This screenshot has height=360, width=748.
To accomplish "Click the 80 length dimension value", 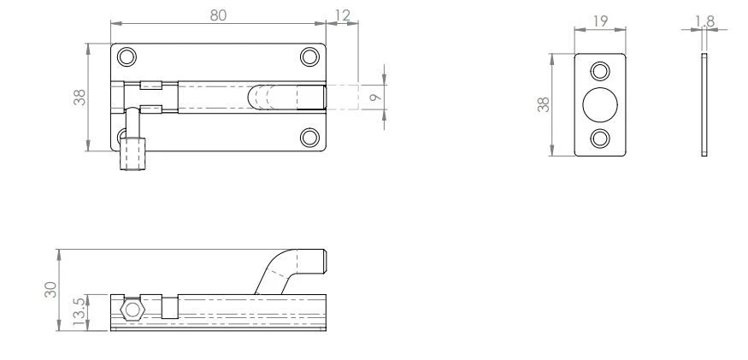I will click(218, 15).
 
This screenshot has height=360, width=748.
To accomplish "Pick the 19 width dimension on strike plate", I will click(600, 21).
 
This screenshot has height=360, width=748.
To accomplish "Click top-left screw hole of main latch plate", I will click(127, 57).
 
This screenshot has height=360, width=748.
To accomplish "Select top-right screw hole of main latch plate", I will click(309, 57).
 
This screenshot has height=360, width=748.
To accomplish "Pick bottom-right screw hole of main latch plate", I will click(309, 137).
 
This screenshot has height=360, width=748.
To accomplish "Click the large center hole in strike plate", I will click(600, 104).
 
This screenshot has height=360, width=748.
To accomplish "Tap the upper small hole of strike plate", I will click(600, 71).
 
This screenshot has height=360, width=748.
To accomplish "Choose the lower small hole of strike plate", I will click(600, 138).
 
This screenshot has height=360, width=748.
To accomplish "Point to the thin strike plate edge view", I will click(703, 104).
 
